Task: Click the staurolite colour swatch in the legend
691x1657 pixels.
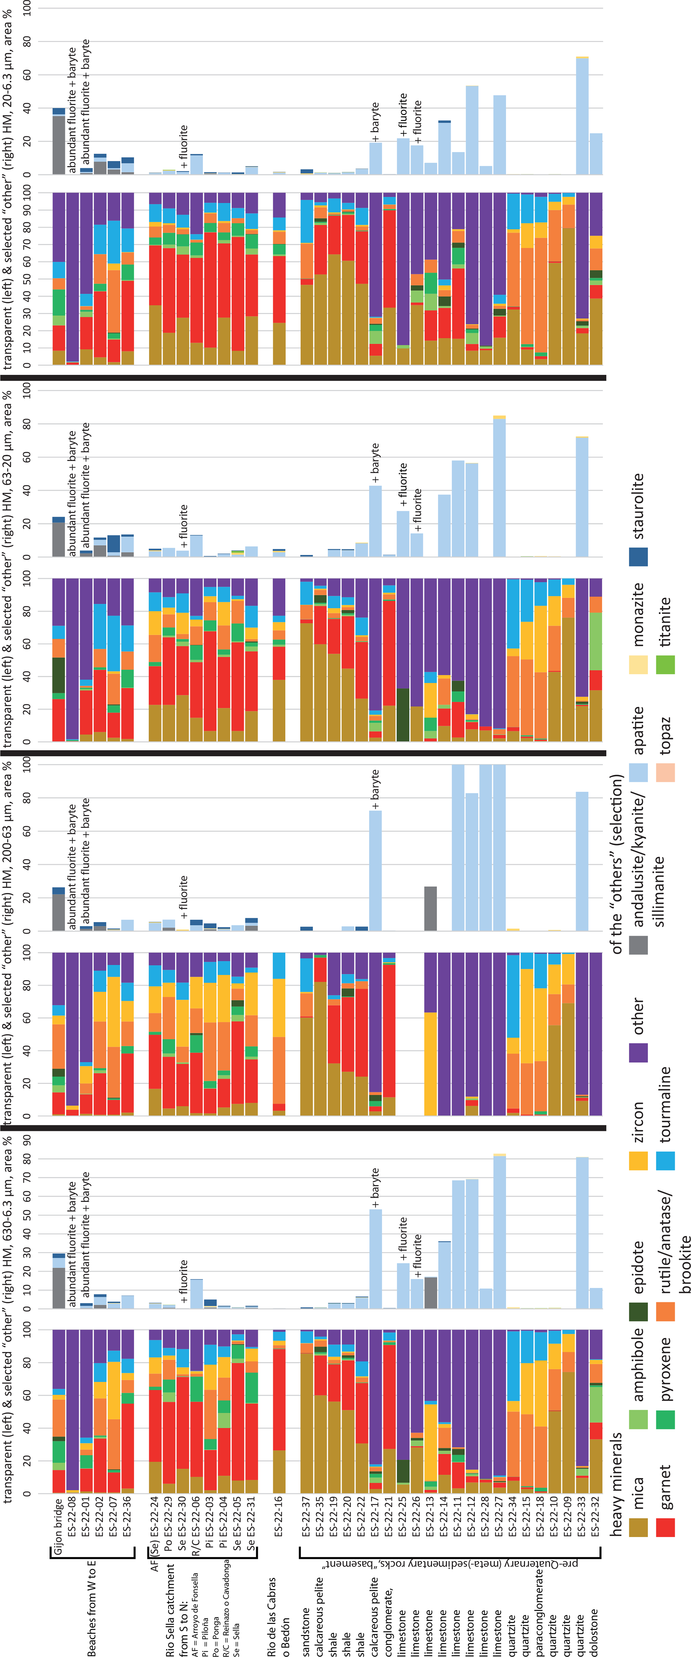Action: pyautogui.click(x=638, y=557)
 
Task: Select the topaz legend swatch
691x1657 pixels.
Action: pyautogui.click(x=665, y=772)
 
